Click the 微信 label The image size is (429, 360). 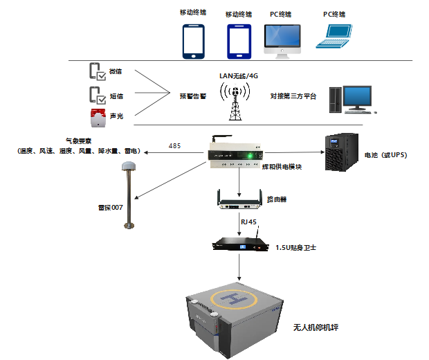click(116, 71)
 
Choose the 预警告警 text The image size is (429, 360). click(193, 96)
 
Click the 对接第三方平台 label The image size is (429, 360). click(293, 96)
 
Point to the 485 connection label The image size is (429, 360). click(175, 146)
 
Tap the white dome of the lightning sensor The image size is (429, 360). click(127, 166)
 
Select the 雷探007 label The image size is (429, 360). click(110, 206)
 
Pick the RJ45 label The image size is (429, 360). click(249, 222)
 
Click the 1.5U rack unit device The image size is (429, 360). click(239, 244)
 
